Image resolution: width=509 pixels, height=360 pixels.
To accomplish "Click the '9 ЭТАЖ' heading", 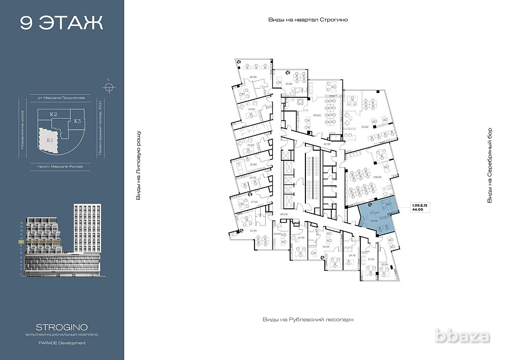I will (x=62, y=23).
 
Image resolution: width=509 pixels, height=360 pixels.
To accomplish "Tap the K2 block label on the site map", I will (x=53, y=115).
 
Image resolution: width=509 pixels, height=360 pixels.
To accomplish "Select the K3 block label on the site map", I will (x=76, y=121).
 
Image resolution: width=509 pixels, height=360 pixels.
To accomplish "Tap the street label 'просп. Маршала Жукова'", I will (x=61, y=166).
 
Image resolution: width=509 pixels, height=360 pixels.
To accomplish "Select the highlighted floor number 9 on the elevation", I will (x=20, y=242).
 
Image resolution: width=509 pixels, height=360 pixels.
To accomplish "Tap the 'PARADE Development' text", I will (x=62, y=343).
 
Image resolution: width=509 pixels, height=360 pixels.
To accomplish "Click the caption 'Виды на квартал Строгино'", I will (x=307, y=19).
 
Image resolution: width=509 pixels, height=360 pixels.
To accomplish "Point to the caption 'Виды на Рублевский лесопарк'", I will (x=307, y=319).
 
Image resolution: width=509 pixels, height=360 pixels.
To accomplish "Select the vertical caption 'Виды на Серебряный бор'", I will (x=490, y=165).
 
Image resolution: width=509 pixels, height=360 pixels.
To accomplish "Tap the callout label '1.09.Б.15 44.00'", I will (x=420, y=207).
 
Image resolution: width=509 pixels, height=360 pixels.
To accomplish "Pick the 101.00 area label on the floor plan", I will (x=317, y=115).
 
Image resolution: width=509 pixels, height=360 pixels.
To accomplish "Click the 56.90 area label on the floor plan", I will (x=252, y=77).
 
